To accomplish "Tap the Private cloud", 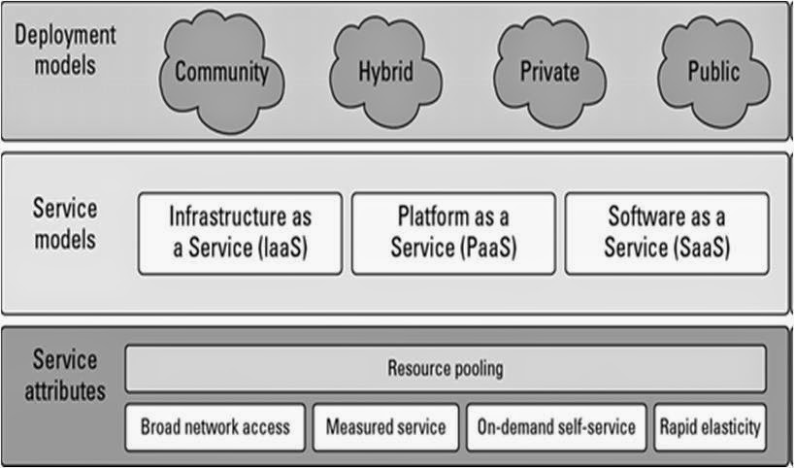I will [548, 70].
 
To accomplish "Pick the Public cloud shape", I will [712, 70].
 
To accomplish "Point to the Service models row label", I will [65, 223].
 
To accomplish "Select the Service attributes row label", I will [65, 375].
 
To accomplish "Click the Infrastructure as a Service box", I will [240, 233].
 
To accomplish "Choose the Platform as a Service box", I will [453, 233].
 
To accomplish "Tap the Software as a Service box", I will [666, 233].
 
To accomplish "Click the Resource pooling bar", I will [446, 369].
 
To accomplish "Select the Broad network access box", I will [215, 427].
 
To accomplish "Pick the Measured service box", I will [385, 427].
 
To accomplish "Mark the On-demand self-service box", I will [555, 427].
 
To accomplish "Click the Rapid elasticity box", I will [710, 427].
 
